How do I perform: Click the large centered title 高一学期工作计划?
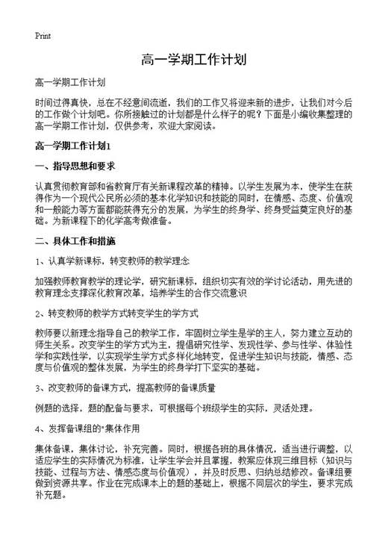click(x=193, y=59)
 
